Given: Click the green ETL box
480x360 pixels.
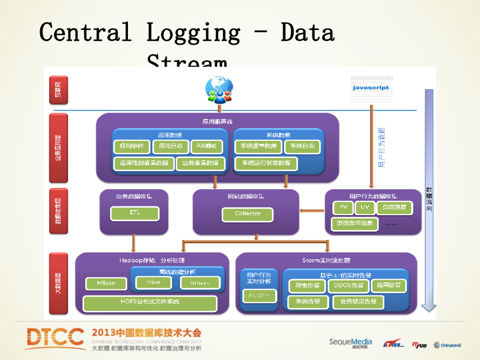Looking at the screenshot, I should coord(135,213).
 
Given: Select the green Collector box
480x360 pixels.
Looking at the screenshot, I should coord(247,214).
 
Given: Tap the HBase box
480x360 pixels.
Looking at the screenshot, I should coord(106,284).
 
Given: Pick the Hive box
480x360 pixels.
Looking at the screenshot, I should coord(154,283).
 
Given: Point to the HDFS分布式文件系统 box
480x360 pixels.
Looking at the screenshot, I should coord(150,303).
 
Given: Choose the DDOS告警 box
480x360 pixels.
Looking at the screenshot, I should coord(348,285).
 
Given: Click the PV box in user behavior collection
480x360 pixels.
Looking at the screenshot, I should coord(343,207).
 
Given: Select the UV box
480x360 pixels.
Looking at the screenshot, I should coord(365,207).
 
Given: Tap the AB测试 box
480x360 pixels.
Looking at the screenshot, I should coord(207,146).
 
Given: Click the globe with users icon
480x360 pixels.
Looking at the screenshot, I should coord(219,90).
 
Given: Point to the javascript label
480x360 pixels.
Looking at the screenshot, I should coord(370,88).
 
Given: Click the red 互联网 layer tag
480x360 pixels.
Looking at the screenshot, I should coord(59,90).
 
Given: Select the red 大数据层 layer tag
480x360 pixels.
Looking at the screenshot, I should coord(59,283).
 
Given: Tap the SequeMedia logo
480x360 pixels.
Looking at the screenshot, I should coord(350,343).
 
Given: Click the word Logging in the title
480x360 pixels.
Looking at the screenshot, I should coord(193,33).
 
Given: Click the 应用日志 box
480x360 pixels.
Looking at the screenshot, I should coord(171,146).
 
